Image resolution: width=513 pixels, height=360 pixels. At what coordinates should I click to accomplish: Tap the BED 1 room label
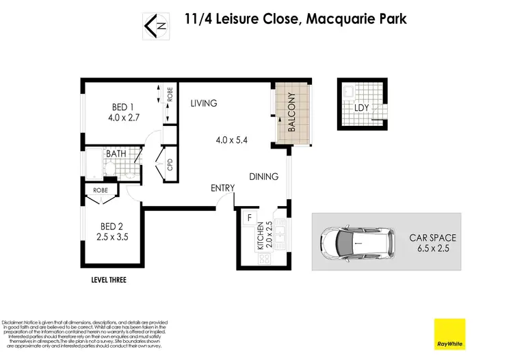[123, 106]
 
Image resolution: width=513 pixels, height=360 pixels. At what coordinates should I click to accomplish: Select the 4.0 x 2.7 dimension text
[123, 118]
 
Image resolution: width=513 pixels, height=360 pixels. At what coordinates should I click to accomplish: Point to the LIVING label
[203, 103]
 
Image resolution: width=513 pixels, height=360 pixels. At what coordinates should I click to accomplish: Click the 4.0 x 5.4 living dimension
[231, 140]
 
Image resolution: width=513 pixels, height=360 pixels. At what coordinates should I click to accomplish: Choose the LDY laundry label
[362, 107]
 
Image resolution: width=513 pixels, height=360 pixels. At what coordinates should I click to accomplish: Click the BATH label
[116, 154]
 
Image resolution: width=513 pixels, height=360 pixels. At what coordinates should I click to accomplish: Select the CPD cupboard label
[170, 165]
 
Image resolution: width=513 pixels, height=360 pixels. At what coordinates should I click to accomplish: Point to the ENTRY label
[222, 188]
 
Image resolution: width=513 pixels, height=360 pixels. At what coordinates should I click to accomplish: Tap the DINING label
[263, 177]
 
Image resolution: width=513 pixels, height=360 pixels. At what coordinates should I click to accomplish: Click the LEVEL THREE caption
[109, 280]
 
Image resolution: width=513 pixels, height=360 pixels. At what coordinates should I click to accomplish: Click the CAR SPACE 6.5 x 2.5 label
[432, 243]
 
